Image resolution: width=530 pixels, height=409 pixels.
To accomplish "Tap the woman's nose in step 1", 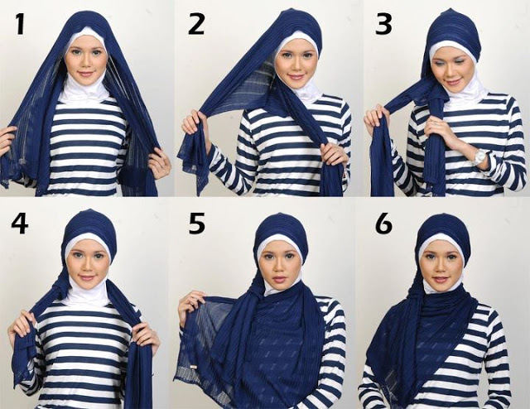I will click(x=86, y=62).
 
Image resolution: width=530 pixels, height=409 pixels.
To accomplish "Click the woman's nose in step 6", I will click(x=440, y=266).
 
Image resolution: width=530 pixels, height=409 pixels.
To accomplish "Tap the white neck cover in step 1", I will click(x=82, y=91).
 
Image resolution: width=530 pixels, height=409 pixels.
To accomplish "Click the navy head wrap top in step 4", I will click(x=89, y=222).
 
